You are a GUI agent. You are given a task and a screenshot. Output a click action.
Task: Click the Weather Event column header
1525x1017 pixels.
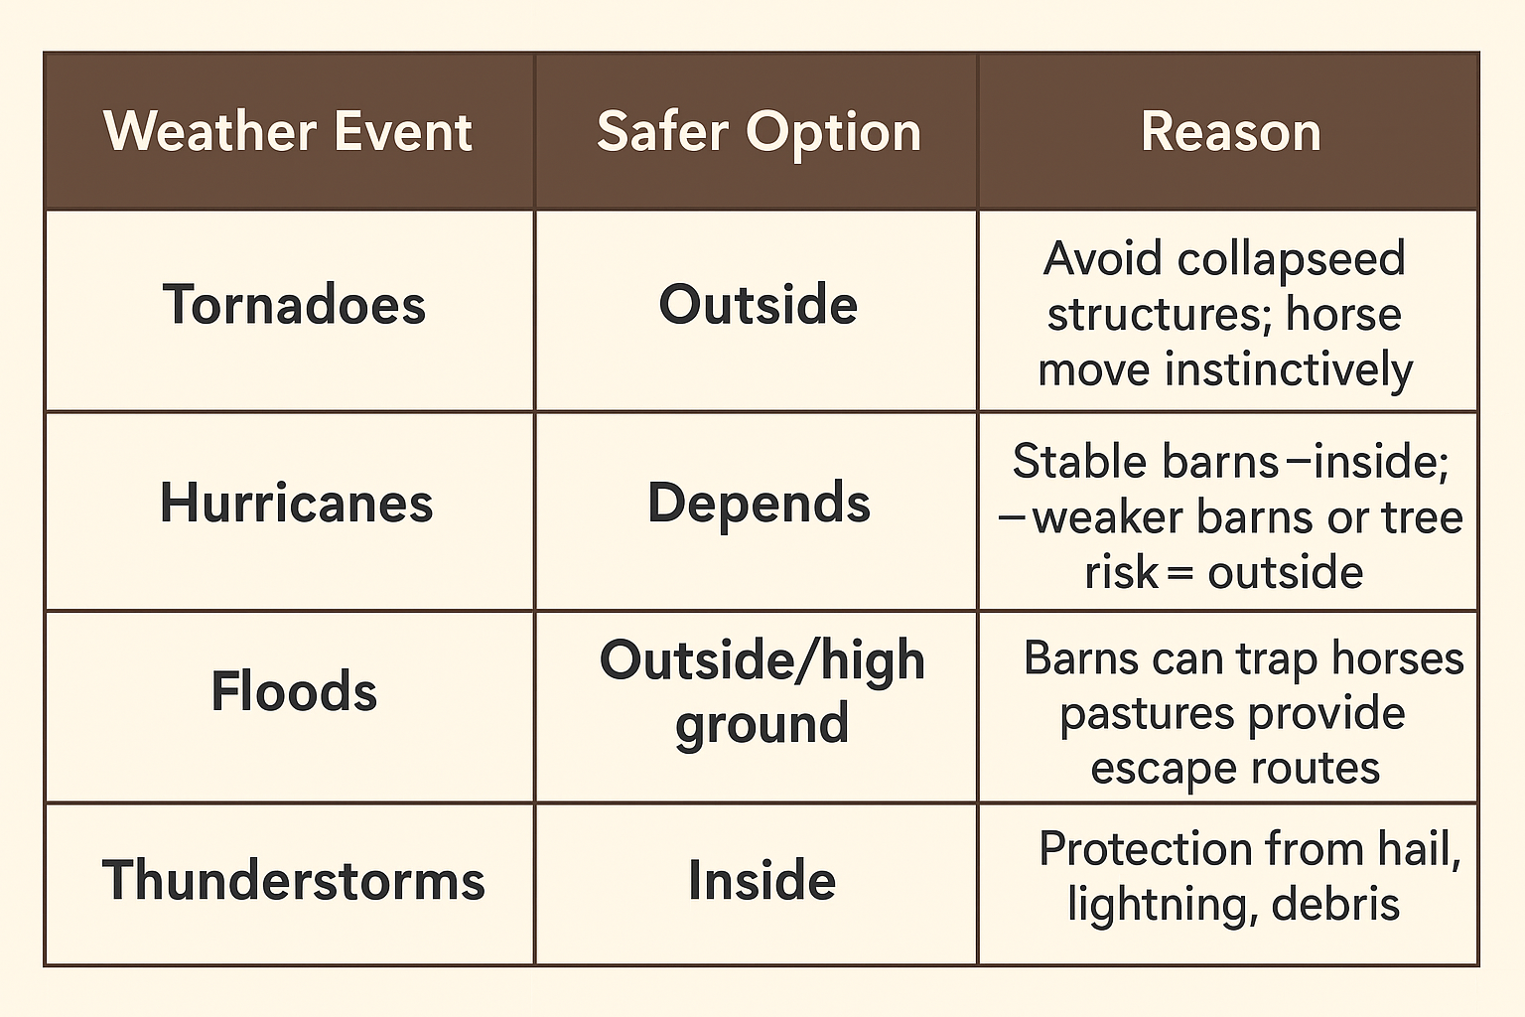tap(288, 132)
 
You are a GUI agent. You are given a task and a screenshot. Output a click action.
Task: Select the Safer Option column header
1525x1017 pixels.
tap(759, 132)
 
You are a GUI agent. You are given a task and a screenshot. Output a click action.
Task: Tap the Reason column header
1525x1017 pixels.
tap(1230, 132)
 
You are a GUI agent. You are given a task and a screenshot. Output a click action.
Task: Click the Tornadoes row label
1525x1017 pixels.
tap(294, 305)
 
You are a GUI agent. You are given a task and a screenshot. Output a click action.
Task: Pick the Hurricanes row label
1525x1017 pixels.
tap(296, 504)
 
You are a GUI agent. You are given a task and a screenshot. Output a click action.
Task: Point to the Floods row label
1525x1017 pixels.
tap(294, 691)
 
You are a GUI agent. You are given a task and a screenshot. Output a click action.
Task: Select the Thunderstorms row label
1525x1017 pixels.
tap(294, 881)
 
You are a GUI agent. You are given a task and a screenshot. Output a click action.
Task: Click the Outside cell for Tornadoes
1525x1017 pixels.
tap(758, 305)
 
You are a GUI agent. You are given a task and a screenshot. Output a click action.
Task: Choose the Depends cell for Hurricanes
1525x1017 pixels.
tap(759, 504)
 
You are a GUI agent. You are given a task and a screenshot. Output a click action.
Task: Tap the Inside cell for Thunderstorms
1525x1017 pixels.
tap(762, 881)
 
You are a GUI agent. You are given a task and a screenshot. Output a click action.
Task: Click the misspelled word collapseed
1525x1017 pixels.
tap(1291, 260)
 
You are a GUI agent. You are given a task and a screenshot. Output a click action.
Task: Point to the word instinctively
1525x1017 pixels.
tap(1289, 370)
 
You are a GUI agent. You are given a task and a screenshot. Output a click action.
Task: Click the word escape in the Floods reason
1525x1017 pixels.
tap(1148, 769)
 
